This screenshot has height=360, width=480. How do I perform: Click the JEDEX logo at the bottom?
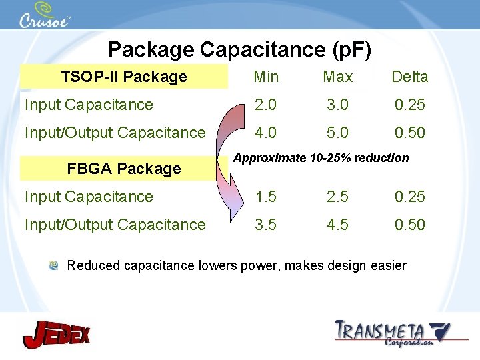pos(56,333)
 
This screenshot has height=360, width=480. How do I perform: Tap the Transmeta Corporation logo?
pos(392,333)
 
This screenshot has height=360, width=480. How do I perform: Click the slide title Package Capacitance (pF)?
pos(239,49)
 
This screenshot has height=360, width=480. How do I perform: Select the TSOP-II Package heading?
pos(124,77)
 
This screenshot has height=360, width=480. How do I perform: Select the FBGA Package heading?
pos(124,169)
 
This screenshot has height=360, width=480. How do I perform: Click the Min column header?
pos(267,77)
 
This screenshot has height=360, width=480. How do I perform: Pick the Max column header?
pos(337,77)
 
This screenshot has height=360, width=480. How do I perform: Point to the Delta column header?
pos(409,77)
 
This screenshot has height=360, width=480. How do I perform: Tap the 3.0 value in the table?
pos(337,105)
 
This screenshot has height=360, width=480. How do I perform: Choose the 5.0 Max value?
pos(337,133)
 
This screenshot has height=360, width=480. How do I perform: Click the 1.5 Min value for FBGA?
pos(266,197)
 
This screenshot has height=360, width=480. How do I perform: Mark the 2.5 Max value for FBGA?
pos(337,197)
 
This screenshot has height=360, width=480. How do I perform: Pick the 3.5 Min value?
pos(266,225)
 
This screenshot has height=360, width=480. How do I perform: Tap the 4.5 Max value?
pos(337,225)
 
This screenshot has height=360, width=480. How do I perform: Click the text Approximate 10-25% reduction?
pos(321,158)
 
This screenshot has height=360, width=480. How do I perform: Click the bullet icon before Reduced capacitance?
pos(53,266)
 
